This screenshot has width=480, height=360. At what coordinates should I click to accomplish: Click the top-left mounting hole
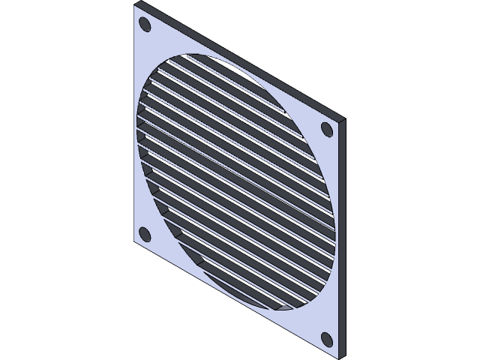[x=145, y=25]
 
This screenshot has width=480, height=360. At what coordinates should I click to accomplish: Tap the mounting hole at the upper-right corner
[x=327, y=129]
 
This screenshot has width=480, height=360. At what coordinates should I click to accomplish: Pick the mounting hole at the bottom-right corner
[x=327, y=338]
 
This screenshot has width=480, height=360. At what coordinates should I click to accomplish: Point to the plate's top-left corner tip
[x=135, y=4]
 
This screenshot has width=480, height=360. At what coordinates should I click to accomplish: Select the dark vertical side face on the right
[x=342, y=236]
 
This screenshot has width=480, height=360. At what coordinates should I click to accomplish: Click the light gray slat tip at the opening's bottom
[x=284, y=307]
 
